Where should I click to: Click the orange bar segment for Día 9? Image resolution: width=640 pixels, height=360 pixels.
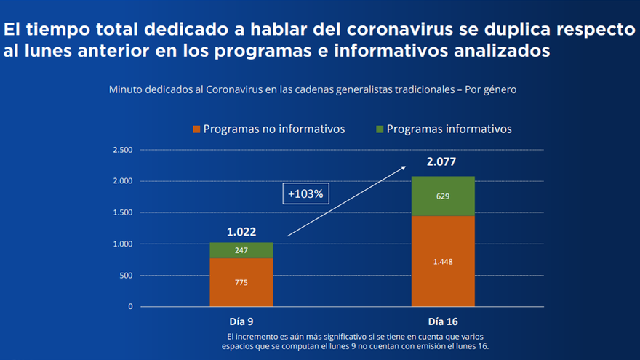coord(241,282)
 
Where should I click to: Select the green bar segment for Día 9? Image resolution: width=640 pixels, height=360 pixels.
coord(241,250)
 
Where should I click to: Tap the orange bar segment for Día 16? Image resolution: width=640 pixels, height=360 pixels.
coord(442,261)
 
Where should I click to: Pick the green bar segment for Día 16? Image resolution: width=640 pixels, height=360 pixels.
coord(442,196)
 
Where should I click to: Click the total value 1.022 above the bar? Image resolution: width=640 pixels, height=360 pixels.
coord(241,232)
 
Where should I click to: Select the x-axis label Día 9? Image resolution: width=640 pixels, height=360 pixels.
coord(241,321)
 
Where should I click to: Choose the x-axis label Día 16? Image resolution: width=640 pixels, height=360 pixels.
coord(442,321)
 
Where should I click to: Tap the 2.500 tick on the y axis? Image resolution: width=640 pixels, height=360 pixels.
coord(123,150)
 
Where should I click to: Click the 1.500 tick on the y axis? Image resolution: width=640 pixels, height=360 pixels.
coord(123,212)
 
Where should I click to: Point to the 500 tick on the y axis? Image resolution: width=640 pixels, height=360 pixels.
coord(126,276)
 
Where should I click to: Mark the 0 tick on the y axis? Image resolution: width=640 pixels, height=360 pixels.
coord(130,307)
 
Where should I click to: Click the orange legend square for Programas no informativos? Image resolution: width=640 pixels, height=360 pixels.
coord(196,129)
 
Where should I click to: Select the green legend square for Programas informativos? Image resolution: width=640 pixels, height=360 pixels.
coord(379,129)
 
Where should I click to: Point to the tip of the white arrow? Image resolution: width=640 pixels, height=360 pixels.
coord(405,167)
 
